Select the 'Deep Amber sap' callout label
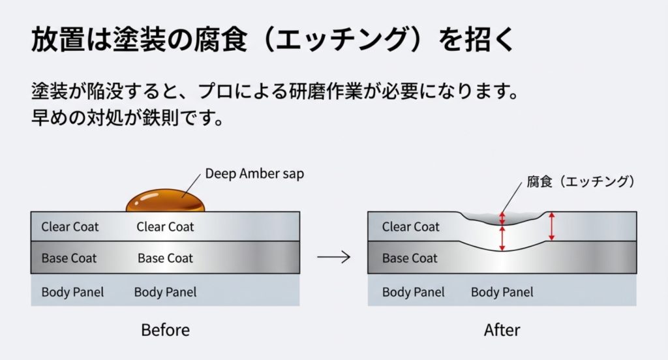(254, 174)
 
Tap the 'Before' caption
(165, 330)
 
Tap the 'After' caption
(502, 330)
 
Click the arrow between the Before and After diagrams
(333, 257)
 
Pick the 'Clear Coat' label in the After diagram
(411, 227)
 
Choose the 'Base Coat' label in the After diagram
(410, 258)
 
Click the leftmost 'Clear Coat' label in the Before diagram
(70, 227)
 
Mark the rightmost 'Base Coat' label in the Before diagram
(165, 258)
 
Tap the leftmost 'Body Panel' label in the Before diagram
(72, 292)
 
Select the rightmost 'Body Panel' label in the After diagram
(502, 292)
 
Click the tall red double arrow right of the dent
(552, 226)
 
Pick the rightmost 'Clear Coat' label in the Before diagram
(165, 227)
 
